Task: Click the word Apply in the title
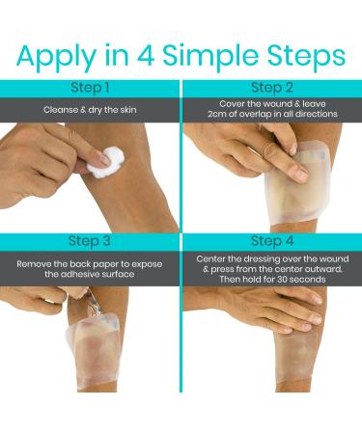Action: pyautogui.click(x=56, y=57)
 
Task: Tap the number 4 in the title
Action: pyautogui.click(x=146, y=55)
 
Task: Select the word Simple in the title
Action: pyautogui.click(x=210, y=57)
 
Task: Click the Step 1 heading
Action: pyautogui.click(x=90, y=88)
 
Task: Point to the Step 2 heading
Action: pyautogui.click(x=272, y=88)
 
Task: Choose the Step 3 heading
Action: pyautogui.click(x=90, y=241)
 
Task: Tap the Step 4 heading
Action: pyautogui.click(x=272, y=241)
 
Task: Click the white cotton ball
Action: pyautogui.click(x=104, y=162)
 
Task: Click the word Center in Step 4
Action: pyautogui.click(x=210, y=259)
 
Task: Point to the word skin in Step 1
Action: pyautogui.click(x=128, y=110)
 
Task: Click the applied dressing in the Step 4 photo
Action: pyautogui.click(x=295, y=354)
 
